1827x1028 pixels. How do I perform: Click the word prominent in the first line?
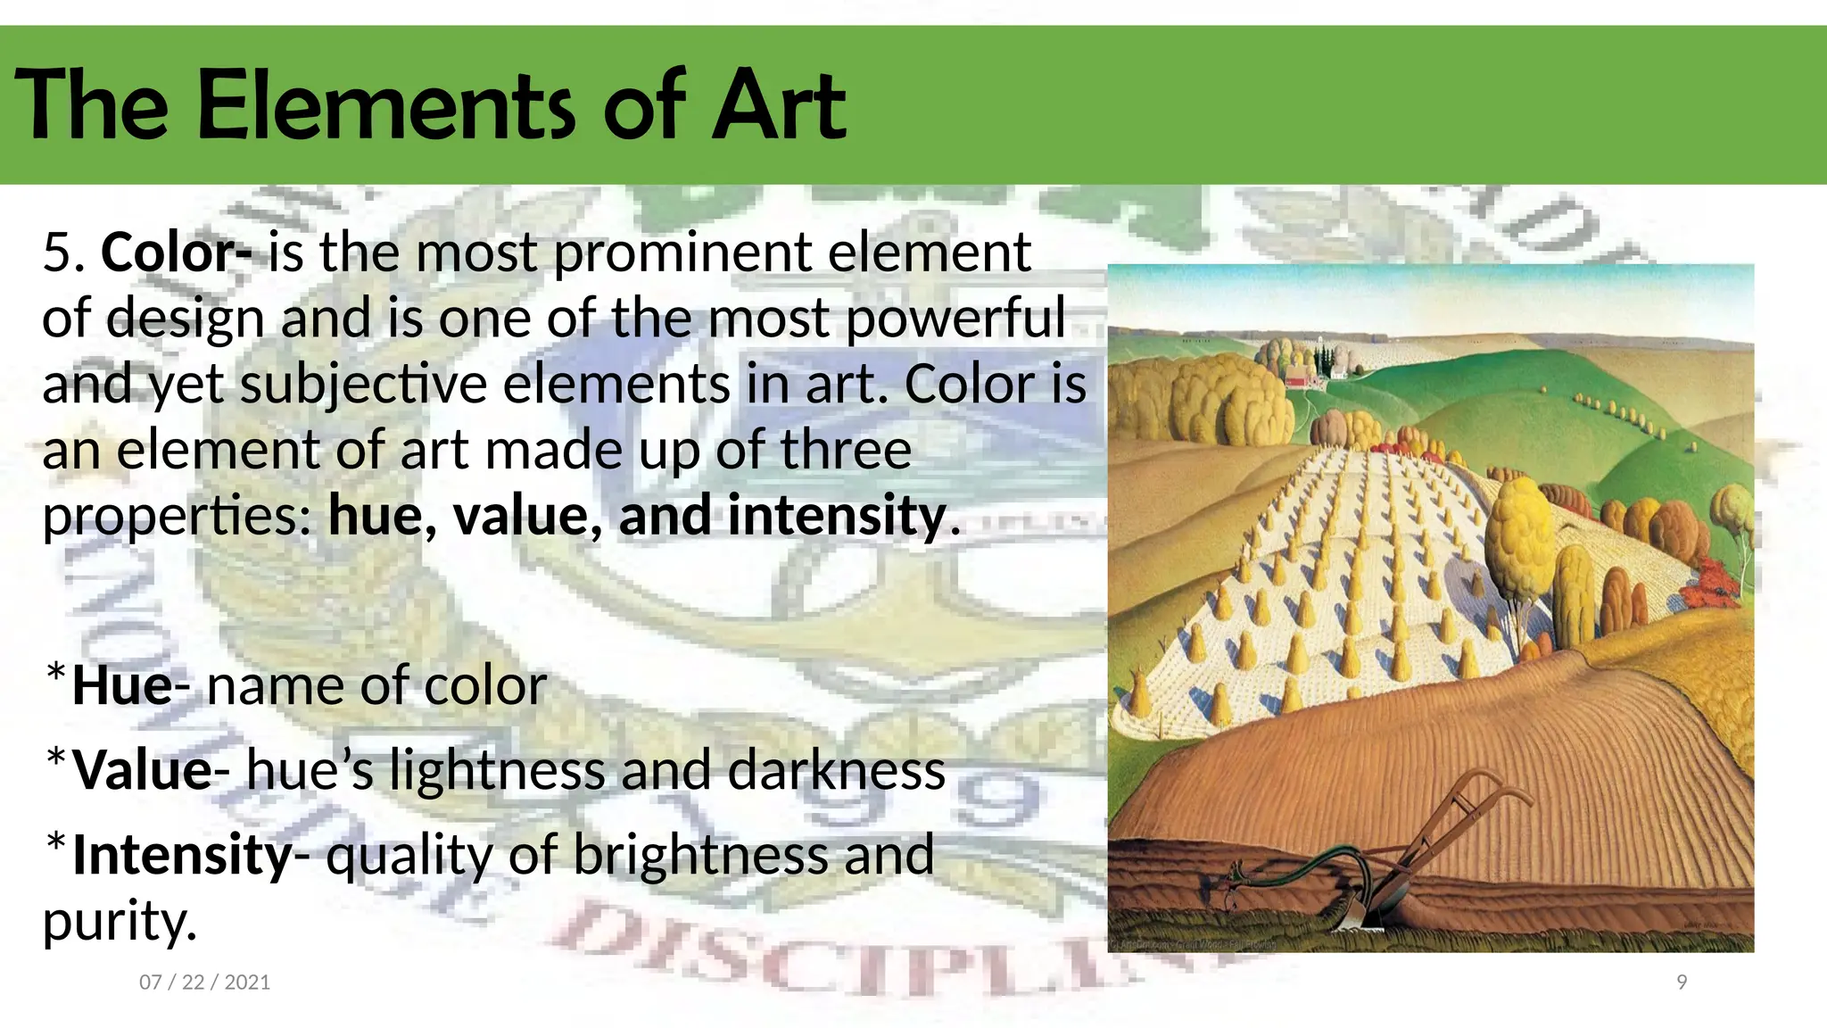tap(683, 253)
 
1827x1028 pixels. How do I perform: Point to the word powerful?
tap(955, 319)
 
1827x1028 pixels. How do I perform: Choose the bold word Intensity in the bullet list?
tap(182, 854)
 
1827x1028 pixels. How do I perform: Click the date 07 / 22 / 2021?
tap(204, 982)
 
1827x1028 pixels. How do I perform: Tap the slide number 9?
tap(1682, 982)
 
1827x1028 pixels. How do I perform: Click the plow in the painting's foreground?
tap(1392, 857)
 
